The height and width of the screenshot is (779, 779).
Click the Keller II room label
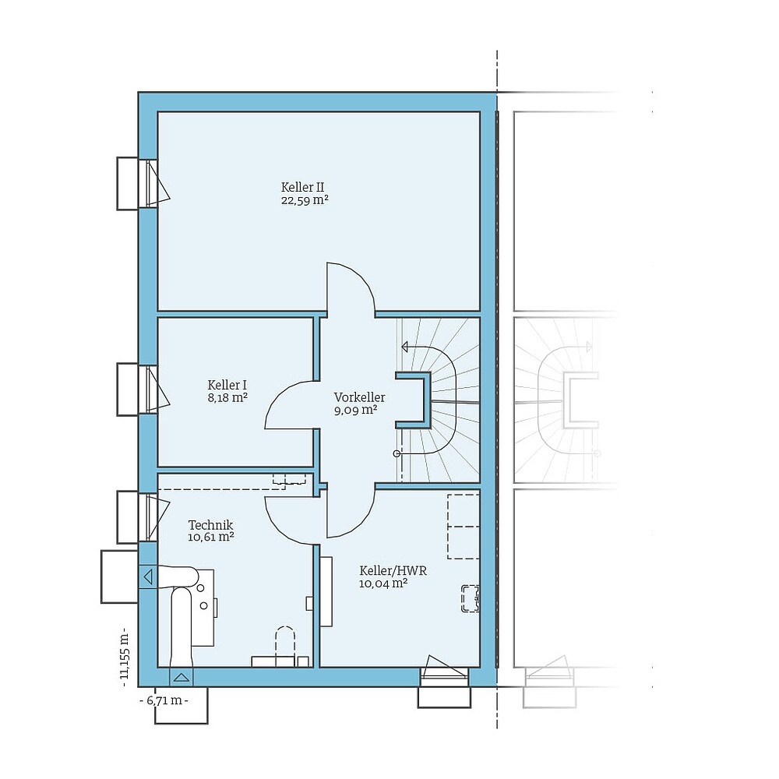(x=303, y=187)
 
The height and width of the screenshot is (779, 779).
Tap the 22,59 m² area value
(x=303, y=200)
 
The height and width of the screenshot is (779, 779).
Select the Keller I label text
(x=227, y=385)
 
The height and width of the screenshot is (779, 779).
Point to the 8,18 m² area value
(x=227, y=397)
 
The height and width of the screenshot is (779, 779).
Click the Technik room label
(x=210, y=525)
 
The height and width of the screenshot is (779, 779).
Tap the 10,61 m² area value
(x=210, y=538)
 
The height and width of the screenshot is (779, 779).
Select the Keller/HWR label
(x=393, y=570)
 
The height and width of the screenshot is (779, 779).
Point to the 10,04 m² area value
(x=383, y=583)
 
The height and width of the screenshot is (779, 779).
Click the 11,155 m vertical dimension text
(x=124, y=654)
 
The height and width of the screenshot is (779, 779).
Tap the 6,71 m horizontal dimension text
(x=164, y=700)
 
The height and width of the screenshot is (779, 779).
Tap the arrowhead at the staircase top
(x=405, y=346)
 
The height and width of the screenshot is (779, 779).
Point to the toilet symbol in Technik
(x=285, y=643)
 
